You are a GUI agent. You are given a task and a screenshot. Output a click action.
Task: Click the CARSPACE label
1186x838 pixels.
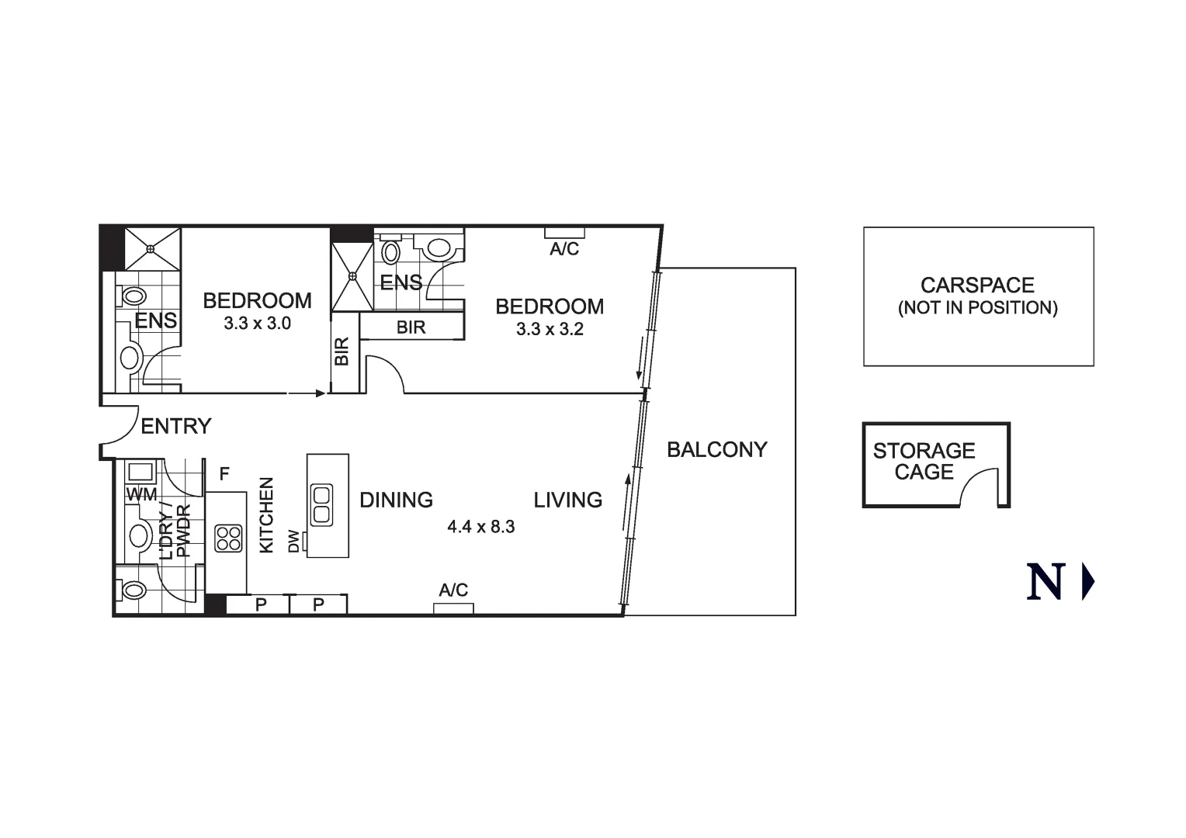pos(977,286)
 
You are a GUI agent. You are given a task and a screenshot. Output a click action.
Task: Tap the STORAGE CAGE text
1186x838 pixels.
pos(924,461)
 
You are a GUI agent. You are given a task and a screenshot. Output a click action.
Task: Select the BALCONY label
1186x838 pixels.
pos(716,449)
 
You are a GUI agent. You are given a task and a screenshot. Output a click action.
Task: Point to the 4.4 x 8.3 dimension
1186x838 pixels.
pos(480,527)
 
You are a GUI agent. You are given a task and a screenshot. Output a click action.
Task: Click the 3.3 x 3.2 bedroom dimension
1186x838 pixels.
pos(550,329)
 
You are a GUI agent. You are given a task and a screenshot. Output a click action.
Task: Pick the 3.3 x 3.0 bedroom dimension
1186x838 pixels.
pos(257,324)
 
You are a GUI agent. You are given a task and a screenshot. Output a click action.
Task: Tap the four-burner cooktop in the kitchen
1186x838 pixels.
pos(228,538)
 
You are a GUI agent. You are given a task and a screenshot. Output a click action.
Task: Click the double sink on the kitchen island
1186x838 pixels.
pos(321,504)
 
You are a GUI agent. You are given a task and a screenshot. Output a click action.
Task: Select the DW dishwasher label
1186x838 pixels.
pos(293,541)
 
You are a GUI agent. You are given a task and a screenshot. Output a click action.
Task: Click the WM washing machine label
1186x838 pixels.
pos(141,494)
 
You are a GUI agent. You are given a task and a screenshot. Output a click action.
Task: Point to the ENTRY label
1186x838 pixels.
pos(175,426)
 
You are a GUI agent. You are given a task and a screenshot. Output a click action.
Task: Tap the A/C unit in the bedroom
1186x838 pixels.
pos(564,232)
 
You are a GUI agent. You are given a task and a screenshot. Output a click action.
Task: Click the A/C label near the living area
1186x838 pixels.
pos(453,590)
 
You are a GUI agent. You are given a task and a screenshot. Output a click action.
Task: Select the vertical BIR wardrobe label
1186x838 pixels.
pos(342,351)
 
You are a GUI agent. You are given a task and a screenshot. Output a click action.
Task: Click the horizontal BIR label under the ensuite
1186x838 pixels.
pos(411,327)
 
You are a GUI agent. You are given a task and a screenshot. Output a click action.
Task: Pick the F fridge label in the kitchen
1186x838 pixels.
pos(224,473)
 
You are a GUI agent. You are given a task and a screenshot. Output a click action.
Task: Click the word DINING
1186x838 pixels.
pos(396,500)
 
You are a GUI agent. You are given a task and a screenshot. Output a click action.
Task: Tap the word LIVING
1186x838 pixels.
pos(567,500)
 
